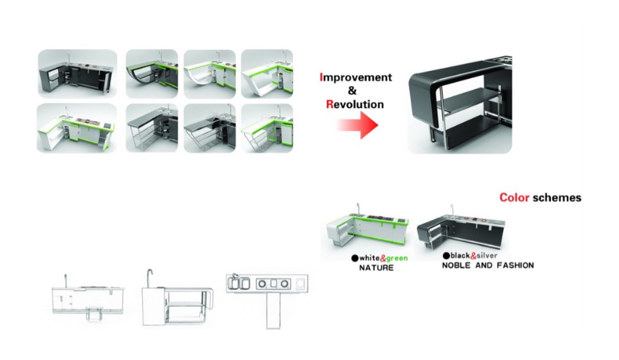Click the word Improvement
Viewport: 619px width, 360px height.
click(356, 78)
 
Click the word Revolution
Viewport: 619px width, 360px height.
click(355, 104)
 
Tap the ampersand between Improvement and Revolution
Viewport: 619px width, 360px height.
click(352, 91)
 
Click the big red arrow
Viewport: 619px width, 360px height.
click(357, 125)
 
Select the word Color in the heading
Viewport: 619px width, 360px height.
click(514, 198)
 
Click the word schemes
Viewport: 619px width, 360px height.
click(557, 198)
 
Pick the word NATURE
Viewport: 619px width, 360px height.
click(376, 268)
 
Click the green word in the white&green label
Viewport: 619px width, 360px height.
click(397, 259)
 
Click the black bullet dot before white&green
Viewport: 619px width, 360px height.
click(354, 259)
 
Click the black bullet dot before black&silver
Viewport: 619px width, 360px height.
click(446, 256)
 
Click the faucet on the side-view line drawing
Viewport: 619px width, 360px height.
click(150, 277)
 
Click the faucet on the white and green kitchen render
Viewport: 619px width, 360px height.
click(359, 208)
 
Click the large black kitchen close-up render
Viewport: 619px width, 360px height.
click(460, 105)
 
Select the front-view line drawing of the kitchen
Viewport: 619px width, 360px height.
click(88, 297)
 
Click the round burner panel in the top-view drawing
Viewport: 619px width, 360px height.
click(273, 283)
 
